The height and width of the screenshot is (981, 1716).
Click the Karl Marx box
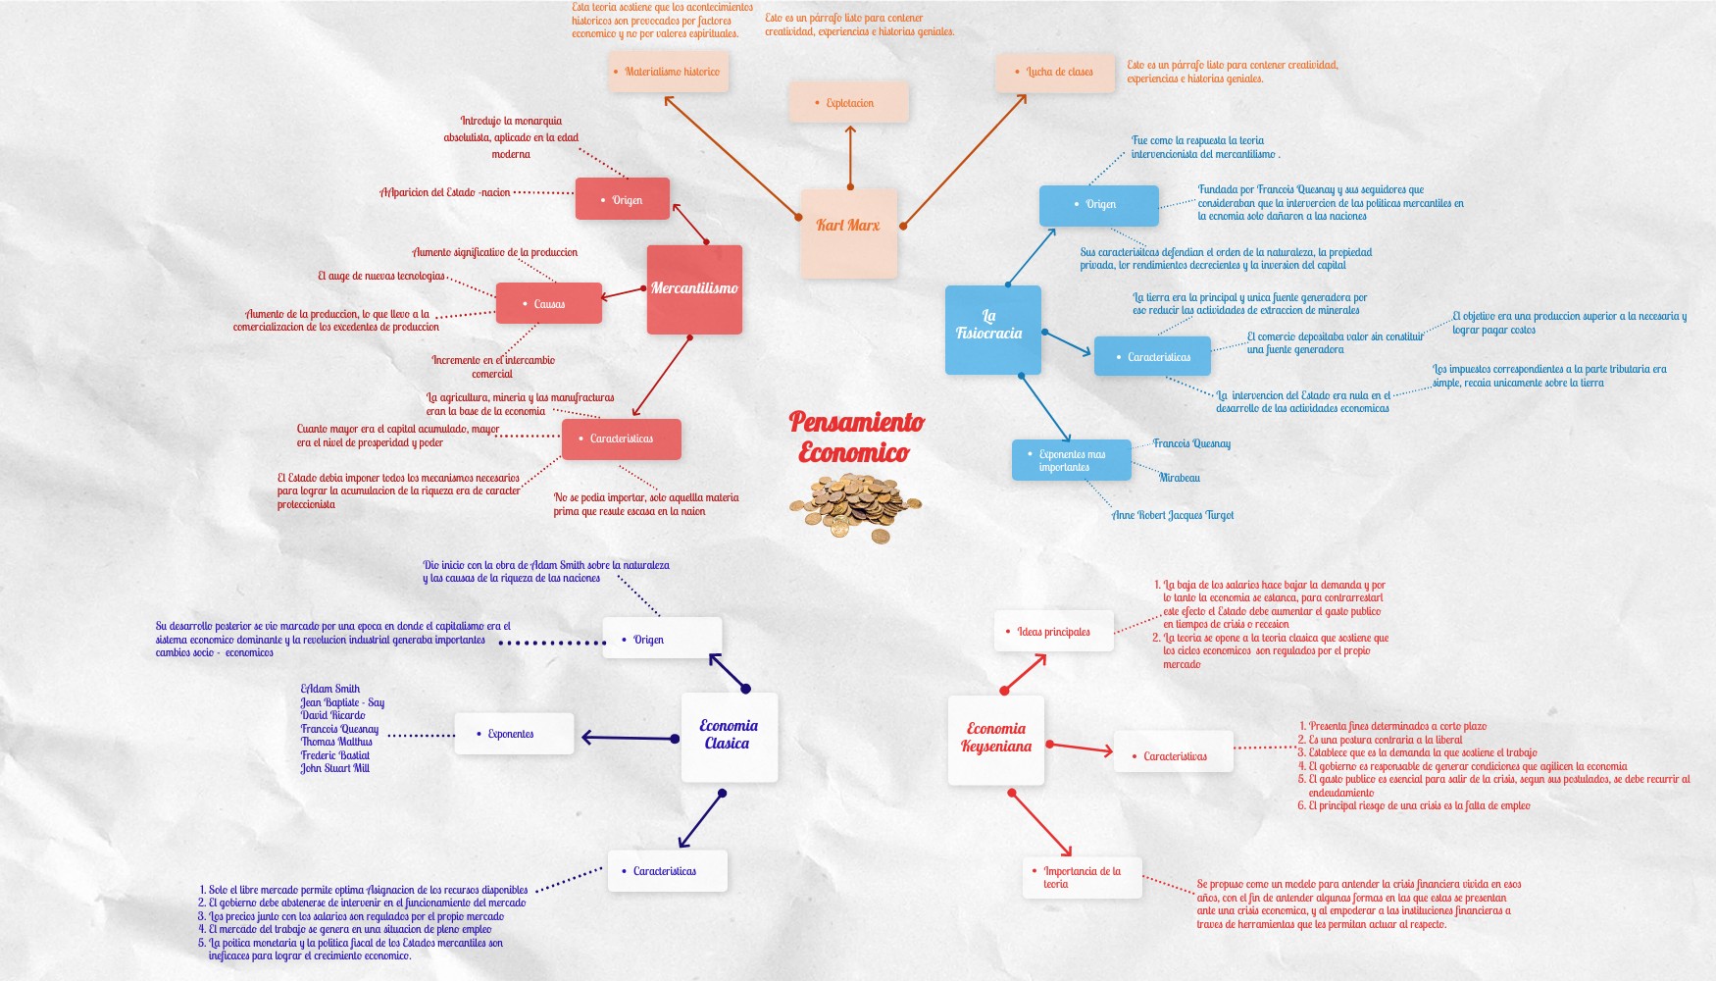(x=848, y=232)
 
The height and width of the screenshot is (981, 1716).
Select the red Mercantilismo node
(x=694, y=288)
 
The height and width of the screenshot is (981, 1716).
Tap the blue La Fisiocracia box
(x=992, y=330)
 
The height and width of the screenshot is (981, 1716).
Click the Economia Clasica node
(x=729, y=737)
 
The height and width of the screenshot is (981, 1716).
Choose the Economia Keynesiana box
(x=995, y=740)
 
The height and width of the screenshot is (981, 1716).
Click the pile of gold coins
(x=853, y=504)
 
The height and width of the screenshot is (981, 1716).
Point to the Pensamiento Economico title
(x=856, y=437)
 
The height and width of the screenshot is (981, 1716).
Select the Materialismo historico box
(x=668, y=72)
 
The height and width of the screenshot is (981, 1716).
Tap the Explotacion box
(x=848, y=103)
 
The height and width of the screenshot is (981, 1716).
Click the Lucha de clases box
(x=1055, y=73)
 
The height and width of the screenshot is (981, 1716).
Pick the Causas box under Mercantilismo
(x=548, y=303)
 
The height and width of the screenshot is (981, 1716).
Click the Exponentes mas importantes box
(x=1071, y=460)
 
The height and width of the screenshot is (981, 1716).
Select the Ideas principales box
(x=1053, y=632)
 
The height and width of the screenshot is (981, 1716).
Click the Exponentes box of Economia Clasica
(x=513, y=734)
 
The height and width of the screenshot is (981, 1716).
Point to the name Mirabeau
(x=1179, y=478)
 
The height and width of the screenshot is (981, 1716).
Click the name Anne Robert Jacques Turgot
(x=1173, y=515)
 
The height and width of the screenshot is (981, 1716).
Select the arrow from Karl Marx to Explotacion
(x=850, y=157)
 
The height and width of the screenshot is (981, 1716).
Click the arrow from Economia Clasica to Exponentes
(x=630, y=738)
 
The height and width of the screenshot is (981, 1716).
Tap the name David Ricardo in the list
(x=333, y=715)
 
